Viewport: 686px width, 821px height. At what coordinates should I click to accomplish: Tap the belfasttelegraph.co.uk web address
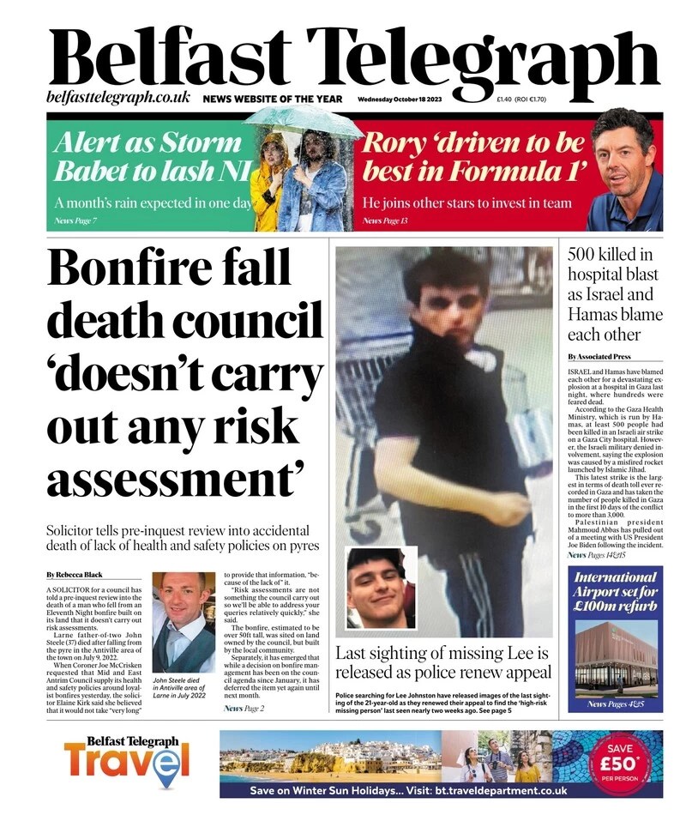pos(118,98)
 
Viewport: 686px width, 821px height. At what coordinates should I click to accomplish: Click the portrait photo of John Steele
pos(183,622)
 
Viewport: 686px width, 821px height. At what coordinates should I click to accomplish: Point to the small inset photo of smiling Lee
pos(381,589)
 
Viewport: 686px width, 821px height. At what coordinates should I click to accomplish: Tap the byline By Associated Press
pos(599,356)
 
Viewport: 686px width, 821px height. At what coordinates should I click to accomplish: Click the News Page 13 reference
pos(384,221)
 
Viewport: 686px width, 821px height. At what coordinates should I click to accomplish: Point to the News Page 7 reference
pos(74,221)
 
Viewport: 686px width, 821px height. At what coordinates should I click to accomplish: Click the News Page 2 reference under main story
pos(244,709)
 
